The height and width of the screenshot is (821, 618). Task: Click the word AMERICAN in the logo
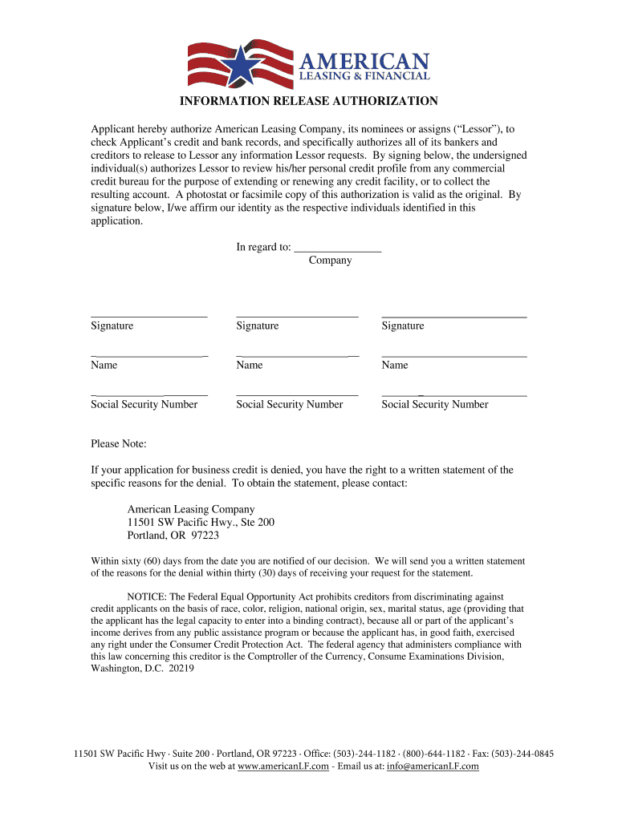pyautogui.click(x=364, y=61)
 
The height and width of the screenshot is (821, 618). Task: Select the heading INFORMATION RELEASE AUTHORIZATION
pyautogui.click(x=308, y=101)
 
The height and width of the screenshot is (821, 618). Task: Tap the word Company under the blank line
pyautogui.click(x=330, y=261)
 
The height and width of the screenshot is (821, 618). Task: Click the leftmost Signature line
pyautogui.click(x=149, y=316)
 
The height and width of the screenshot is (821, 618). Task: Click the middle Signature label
pyautogui.click(x=258, y=326)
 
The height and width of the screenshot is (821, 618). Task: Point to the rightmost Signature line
pyautogui.click(x=453, y=316)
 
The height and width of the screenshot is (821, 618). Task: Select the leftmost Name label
pyautogui.click(x=104, y=365)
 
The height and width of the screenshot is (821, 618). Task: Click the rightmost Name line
pyautogui.click(x=453, y=355)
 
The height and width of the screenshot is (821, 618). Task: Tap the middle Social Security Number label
pyautogui.click(x=289, y=404)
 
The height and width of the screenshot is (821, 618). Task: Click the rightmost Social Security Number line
pyautogui.click(x=453, y=394)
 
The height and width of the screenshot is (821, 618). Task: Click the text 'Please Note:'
pyautogui.click(x=119, y=443)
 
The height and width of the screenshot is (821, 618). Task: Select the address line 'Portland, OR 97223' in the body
pyautogui.click(x=173, y=536)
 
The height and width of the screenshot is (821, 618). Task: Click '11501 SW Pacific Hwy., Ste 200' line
pyautogui.click(x=201, y=522)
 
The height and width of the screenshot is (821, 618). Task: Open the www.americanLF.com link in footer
pyautogui.click(x=283, y=766)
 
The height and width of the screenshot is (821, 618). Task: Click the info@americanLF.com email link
pyautogui.click(x=433, y=766)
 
